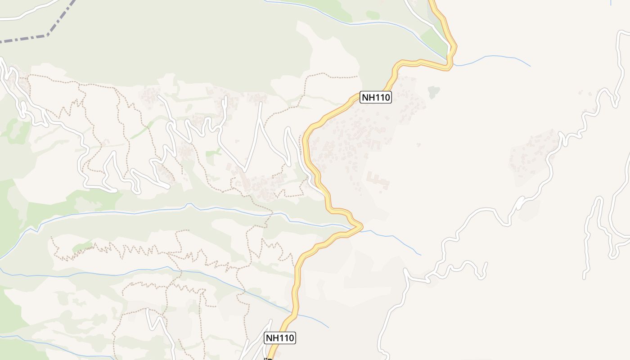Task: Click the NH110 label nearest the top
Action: pos(376,97)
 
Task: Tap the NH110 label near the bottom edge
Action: pos(279,338)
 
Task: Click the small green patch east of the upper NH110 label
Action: pos(433,92)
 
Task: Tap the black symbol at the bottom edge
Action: pos(268,359)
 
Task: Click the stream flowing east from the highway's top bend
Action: pos(495,57)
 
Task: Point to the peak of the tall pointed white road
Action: pos(260,104)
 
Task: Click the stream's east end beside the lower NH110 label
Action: pos(327,326)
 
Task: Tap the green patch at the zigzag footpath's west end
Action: pos(82,246)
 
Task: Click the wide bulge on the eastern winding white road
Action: pos(520,204)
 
